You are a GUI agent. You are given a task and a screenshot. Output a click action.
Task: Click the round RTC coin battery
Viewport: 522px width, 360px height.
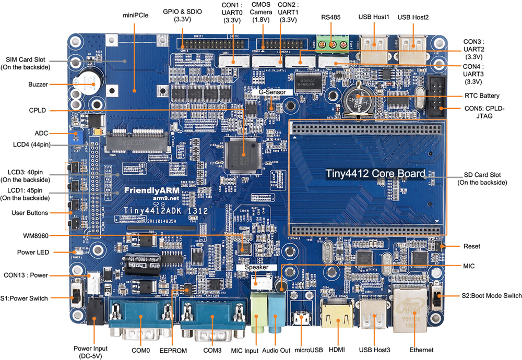(360, 98)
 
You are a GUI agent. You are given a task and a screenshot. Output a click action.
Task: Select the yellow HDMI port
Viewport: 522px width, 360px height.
(333, 316)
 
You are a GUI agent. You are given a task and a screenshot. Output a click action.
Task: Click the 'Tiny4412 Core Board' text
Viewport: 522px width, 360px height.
(375, 173)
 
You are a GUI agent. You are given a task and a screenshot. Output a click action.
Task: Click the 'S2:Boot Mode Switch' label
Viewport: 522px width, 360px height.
(491, 296)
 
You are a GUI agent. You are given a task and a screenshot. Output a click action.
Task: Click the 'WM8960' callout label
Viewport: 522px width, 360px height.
(37, 235)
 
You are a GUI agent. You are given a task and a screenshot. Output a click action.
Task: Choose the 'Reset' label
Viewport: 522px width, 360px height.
(471, 246)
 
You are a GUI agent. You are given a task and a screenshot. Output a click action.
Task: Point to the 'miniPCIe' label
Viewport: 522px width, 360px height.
(136, 16)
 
